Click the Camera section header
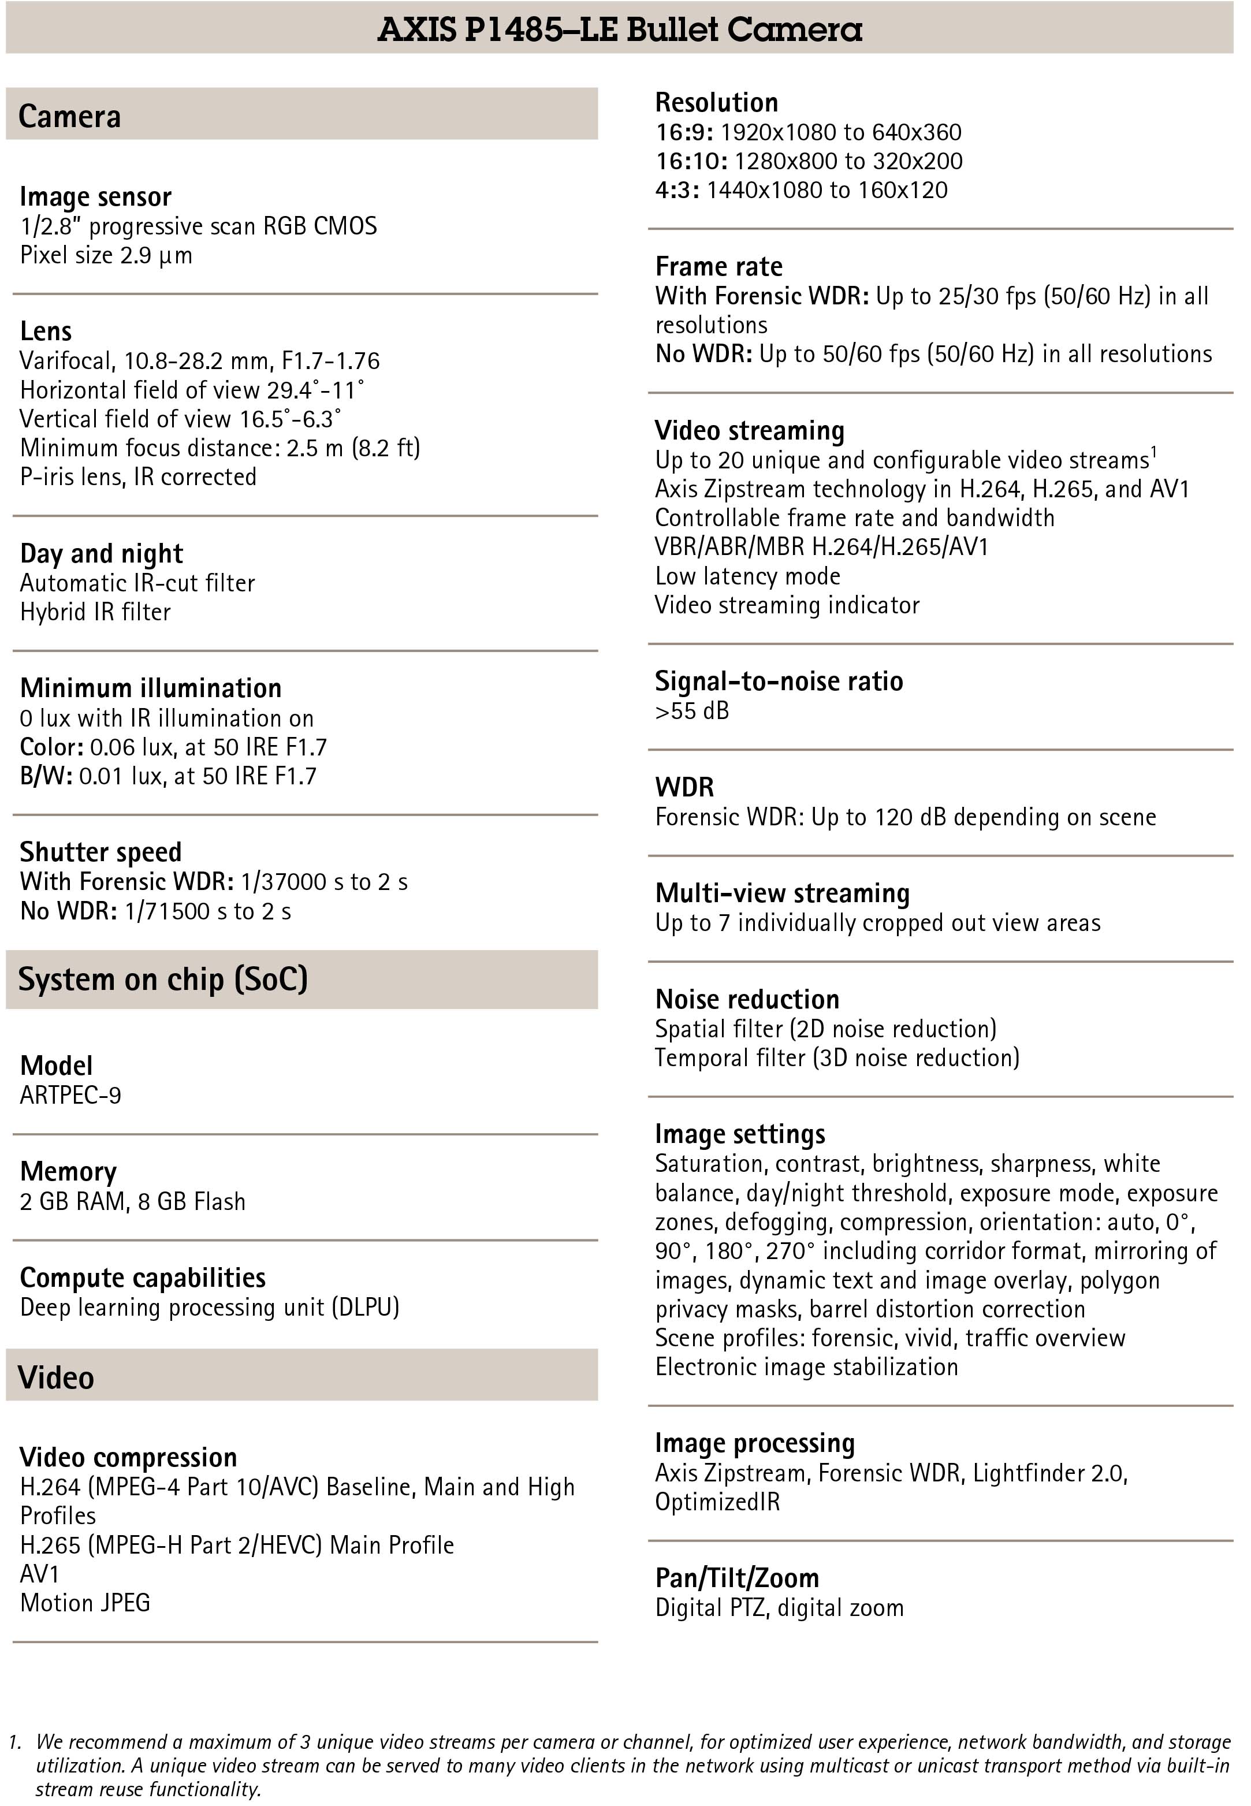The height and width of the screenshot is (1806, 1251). pos(70,116)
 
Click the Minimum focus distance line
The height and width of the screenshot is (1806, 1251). pos(219,448)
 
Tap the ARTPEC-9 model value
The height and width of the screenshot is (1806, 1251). pos(70,1095)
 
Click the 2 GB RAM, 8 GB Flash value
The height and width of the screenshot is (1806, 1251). pos(132,1202)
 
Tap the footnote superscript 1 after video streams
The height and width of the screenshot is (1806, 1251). pos(1154,454)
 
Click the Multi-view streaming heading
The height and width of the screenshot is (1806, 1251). pos(781,893)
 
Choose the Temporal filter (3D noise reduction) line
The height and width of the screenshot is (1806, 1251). pos(837,1058)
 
